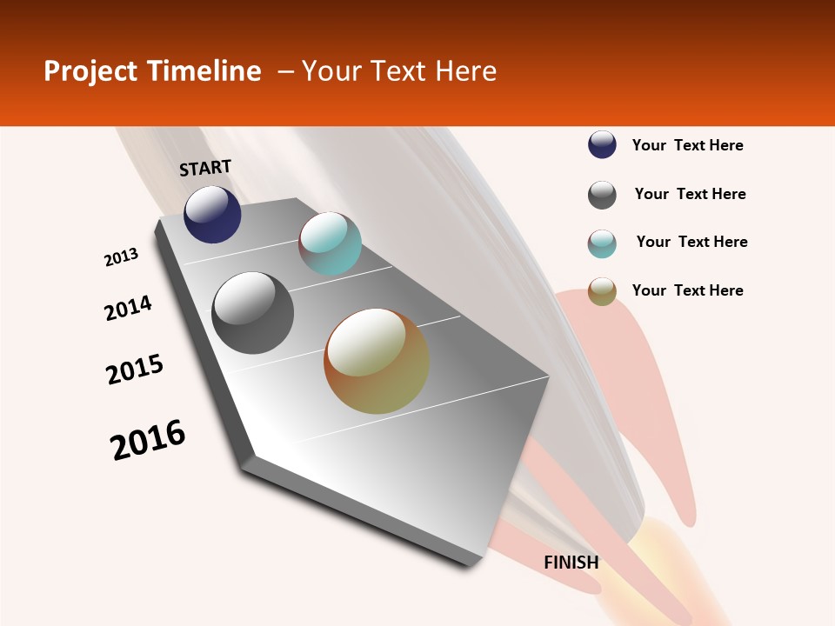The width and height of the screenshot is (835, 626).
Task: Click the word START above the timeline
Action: [x=205, y=168]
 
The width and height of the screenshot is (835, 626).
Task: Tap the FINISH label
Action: [x=571, y=563]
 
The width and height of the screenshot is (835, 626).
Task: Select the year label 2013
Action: [x=121, y=257]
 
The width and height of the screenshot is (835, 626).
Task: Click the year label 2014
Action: [x=128, y=309]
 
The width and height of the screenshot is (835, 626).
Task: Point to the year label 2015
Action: [x=135, y=370]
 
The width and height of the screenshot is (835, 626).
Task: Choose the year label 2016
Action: [x=148, y=440]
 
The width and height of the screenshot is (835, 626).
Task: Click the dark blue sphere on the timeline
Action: [x=212, y=215]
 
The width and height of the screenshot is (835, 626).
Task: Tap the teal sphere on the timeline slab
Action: [x=330, y=243]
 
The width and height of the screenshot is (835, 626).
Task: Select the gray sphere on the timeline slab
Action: [x=253, y=313]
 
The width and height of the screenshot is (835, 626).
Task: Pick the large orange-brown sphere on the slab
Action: [x=377, y=361]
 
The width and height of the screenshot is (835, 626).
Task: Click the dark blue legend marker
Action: [x=602, y=145]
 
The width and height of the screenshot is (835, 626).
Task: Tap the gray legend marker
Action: [x=602, y=195]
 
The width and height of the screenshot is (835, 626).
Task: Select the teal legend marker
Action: [x=602, y=243]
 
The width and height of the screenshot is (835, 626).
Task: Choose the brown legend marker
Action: [x=602, y=291]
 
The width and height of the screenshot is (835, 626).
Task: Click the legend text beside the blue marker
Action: [x=687, y=146]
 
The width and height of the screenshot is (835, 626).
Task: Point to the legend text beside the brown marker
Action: [x=687, y=290]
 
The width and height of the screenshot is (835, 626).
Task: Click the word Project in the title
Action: [x=90, y=71]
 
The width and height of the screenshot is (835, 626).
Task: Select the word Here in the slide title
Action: [x=465, y=71]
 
